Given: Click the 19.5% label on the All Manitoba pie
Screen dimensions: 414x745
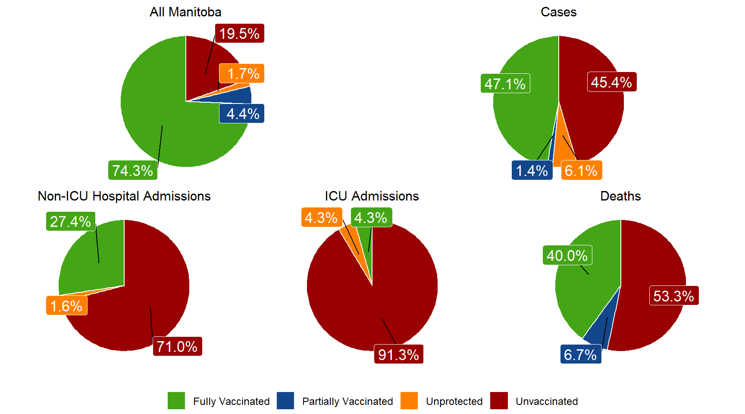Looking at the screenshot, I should point(239,33).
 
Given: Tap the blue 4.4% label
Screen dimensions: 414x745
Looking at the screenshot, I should point(242,114).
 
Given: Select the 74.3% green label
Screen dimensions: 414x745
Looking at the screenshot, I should point(132,171).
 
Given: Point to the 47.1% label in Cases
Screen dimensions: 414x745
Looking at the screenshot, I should point(505,84).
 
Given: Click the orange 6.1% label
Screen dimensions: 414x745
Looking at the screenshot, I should point(581,171).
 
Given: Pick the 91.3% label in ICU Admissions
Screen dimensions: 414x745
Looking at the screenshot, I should point(398,354).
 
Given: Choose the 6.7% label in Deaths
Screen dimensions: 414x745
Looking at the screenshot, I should point(580,354).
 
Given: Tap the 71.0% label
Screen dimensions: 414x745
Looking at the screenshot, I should point(177,346).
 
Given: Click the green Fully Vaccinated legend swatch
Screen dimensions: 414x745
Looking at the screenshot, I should point(176,401).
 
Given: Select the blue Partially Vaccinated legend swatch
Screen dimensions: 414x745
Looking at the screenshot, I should point(285,401).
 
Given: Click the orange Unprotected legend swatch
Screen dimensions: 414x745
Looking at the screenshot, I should point(409,401).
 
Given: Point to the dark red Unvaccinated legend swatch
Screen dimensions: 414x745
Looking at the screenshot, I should point(499,401).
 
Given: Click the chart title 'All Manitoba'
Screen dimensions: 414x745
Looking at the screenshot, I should point(185,12).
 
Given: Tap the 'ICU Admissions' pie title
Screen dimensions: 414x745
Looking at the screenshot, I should point(372,196).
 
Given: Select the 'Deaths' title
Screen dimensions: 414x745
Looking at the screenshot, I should point(620,196).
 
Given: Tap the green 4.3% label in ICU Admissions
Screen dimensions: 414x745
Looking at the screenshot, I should point(371,218).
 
